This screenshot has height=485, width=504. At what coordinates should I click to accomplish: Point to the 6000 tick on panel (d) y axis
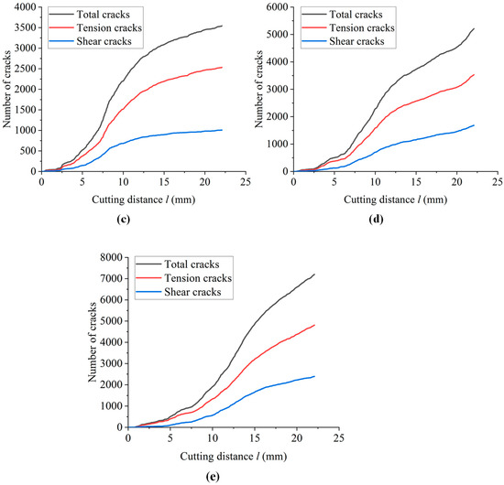(x=279, y=7)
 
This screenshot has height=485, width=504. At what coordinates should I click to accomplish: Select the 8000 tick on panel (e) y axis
(x=112, y=264)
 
